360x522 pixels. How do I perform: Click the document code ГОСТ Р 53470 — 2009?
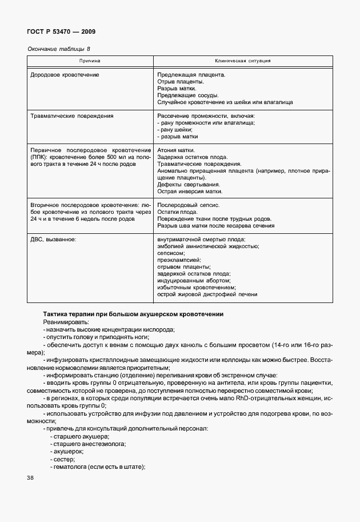(x=57, y=32)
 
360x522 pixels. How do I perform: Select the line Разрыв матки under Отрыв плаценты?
(x=177, y=89)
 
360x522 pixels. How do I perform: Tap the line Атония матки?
(x=175, y=150)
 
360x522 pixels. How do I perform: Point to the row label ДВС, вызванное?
(x=53, y=240)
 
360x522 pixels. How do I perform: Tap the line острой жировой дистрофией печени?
(x=207, y=294)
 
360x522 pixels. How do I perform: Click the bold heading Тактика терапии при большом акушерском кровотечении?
(x=133, y=315)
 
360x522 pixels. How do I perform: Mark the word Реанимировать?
(x=62, y=322)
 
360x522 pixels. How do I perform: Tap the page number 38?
(x=30, y=477)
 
